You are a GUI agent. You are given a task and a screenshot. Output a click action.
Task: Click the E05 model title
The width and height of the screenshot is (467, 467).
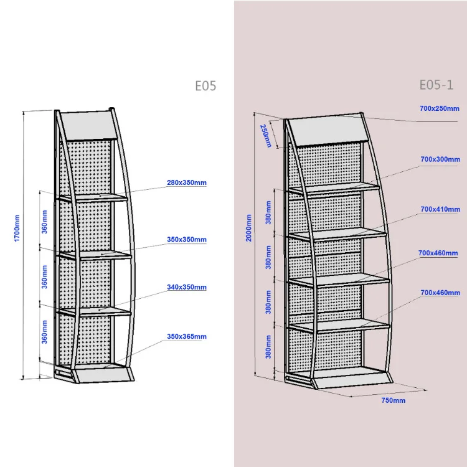tap(205, 86)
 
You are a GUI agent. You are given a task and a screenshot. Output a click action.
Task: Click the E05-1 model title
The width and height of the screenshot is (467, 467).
tap(436, 85)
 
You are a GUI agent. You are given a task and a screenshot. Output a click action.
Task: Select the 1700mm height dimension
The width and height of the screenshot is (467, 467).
tap(17, 229)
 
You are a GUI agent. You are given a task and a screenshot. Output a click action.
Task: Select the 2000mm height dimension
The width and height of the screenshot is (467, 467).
tap(249, 228)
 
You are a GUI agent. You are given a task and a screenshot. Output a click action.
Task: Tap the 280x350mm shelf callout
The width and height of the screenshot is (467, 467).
tap(186, 182)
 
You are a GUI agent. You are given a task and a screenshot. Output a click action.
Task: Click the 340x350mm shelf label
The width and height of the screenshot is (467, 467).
tap(186, 288)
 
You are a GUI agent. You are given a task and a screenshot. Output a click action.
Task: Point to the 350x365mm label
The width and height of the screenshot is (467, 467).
tap(186, 336)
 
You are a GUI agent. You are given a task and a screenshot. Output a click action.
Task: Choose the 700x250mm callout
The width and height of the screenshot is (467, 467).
tap(440, 109)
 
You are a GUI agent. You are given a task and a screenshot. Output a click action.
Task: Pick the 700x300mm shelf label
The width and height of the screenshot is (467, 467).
tap(440, 159)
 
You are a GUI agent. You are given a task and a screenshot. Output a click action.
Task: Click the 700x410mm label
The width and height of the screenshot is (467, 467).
tap(440, 209)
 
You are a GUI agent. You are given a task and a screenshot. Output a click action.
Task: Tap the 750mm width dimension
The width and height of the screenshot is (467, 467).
tap(393, 400)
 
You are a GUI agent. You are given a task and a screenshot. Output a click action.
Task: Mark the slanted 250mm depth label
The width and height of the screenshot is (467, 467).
tap(266, 135)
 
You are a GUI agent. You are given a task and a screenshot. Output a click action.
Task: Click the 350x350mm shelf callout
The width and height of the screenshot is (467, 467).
tap(186, 239)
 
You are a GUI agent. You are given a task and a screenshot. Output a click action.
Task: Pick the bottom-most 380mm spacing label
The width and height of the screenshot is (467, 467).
tap(268, 348)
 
